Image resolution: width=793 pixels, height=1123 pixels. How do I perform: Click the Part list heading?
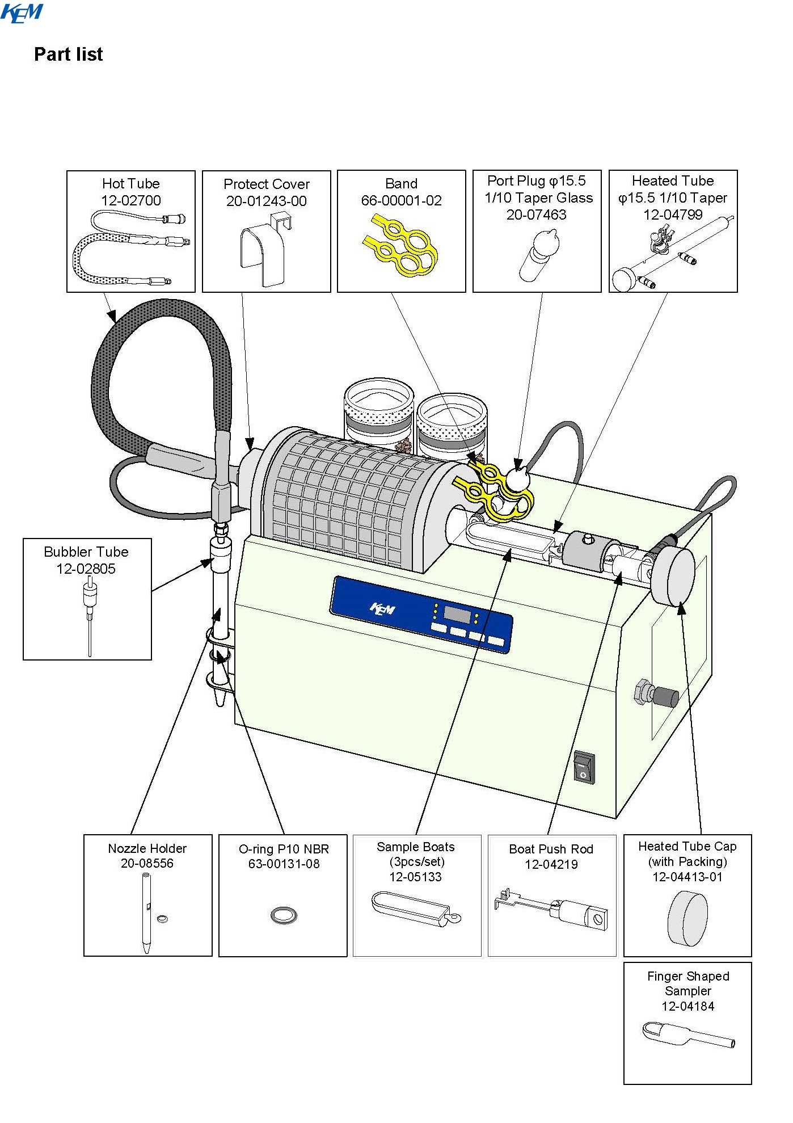point(69,54)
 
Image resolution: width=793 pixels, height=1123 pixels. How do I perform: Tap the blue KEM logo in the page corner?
point(22,13)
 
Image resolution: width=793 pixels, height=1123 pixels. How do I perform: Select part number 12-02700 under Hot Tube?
point(131,200)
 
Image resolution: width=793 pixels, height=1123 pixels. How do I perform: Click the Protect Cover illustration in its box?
point(265,250)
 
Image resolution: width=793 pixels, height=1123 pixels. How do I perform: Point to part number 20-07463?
point(537,214)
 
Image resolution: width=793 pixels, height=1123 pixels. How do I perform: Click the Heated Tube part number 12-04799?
point(673,214)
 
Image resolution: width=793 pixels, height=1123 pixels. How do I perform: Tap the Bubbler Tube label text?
point(86,552)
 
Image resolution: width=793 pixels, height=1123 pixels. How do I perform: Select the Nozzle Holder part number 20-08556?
point(147,863)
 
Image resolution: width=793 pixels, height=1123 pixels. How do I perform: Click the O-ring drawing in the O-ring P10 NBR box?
point(284,915)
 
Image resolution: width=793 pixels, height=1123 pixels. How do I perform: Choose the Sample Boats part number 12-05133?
point(415,877)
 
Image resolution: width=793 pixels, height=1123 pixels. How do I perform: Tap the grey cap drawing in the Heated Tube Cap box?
point(687,918)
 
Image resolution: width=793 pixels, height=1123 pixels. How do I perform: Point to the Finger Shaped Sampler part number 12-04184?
point(687,1006)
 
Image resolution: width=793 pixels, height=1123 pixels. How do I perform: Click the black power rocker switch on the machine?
point(584,768)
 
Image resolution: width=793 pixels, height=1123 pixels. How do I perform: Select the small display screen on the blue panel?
point(457,615)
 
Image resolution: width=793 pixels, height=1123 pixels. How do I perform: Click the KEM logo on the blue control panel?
point(382,609)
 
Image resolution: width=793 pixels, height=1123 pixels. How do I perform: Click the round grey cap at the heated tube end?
point(673,576)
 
